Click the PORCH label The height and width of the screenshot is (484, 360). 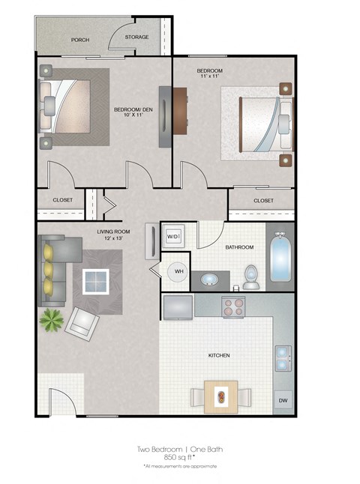click(x=80, y=40)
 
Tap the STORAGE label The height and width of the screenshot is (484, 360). click(x=136, y=37)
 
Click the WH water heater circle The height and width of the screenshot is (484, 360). click(x=179, y=271)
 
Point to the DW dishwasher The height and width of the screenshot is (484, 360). click(x=283, y=402)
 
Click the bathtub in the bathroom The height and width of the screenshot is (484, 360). click(x=280, y=258)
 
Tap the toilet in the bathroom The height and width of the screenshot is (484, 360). click(x=251, y=276)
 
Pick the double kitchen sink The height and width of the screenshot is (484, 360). click(x=283, y=358)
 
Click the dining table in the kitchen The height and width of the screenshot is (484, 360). click(x=220, y=395)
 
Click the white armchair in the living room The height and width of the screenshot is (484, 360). click(x=83, y=323)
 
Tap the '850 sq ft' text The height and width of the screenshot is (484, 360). click(x=180, y=457)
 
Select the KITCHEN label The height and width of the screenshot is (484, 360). click(x=219, y=355)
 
